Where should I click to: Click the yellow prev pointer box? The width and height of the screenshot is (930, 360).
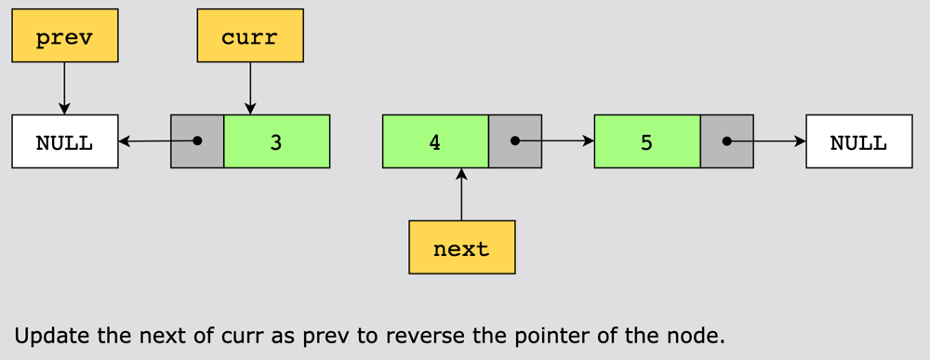point(65,35)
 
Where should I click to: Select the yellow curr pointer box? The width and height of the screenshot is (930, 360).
point(250,35)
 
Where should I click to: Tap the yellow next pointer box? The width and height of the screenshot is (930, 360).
point(462,247)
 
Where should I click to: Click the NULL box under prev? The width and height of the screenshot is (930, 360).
point(65,141)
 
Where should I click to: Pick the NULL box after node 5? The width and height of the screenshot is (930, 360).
point(858,141)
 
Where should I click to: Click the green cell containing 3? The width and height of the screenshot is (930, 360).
point(276,141)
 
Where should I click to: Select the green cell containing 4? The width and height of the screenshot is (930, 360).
point(436,141)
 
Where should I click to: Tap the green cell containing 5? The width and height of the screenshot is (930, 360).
point(647,141)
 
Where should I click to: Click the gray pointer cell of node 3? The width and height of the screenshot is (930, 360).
point(197,141)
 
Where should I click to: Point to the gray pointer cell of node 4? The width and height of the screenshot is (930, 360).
point(515,141)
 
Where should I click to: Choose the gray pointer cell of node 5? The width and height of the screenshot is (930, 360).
point(726,141)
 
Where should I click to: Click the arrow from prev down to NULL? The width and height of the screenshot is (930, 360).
point(65,88)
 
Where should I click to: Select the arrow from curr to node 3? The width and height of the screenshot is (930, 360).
point(250,88)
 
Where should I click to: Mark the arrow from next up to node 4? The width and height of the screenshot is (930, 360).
point(462,194)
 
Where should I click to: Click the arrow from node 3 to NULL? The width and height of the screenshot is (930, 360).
point(158,141)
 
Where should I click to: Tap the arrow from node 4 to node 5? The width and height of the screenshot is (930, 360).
point(554,141)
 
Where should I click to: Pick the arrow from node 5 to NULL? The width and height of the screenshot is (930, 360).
point(766,141)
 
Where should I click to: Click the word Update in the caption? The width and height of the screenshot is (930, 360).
point(53,336)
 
